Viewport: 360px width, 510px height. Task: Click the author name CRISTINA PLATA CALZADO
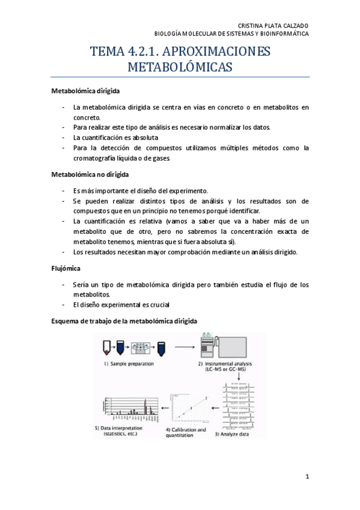coord(273,25)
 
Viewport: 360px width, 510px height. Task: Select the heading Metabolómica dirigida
coord(85,91)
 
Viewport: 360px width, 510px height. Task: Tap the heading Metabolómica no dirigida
coord(91,174)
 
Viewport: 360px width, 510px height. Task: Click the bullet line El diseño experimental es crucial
coord(121,305)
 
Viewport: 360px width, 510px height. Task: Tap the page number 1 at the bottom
coord(307,477)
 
